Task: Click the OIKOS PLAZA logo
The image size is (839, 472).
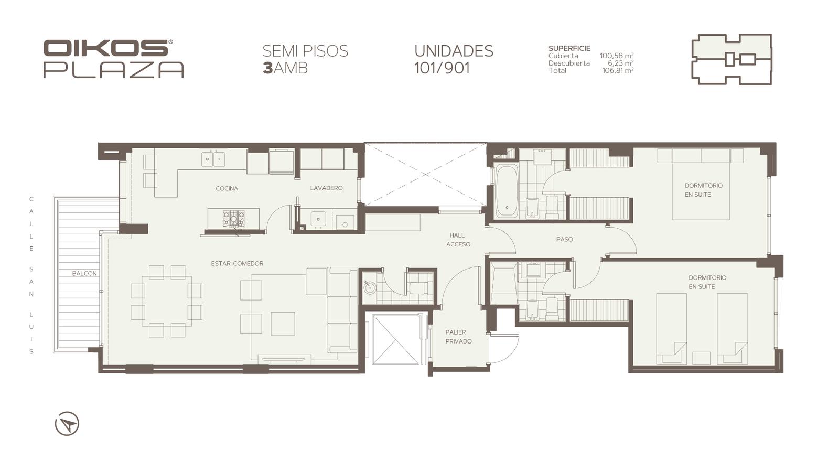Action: [x=113, y=59]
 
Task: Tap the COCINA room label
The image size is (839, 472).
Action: [x=227, y=188]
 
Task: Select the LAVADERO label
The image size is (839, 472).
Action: [x=326, y=188]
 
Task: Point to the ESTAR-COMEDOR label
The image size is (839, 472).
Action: [x=237, y=264]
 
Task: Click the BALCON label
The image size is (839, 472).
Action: [x=84, y=273]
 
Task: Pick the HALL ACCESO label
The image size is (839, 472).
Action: [x=458, y=240]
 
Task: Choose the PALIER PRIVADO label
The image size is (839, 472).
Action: [x=458, y=337]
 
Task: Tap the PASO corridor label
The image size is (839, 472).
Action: [x=564, y=239]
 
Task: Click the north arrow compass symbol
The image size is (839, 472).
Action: [x=67, y=424]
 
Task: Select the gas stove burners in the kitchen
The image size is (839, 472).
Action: [x=234, y=219]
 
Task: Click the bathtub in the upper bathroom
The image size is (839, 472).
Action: [x=506, y=191]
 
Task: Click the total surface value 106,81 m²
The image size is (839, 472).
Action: [x=618, y=70]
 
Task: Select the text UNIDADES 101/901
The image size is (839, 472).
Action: [x=454, y=59]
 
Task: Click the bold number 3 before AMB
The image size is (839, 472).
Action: [x=267, y=68]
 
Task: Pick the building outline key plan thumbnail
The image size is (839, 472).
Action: [x=732, y=59]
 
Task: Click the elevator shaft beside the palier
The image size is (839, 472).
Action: [x=396, y=339]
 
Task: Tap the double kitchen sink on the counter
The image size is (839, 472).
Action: [x=213, y=159]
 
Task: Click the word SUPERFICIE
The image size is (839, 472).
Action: [x=569, y=48]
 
